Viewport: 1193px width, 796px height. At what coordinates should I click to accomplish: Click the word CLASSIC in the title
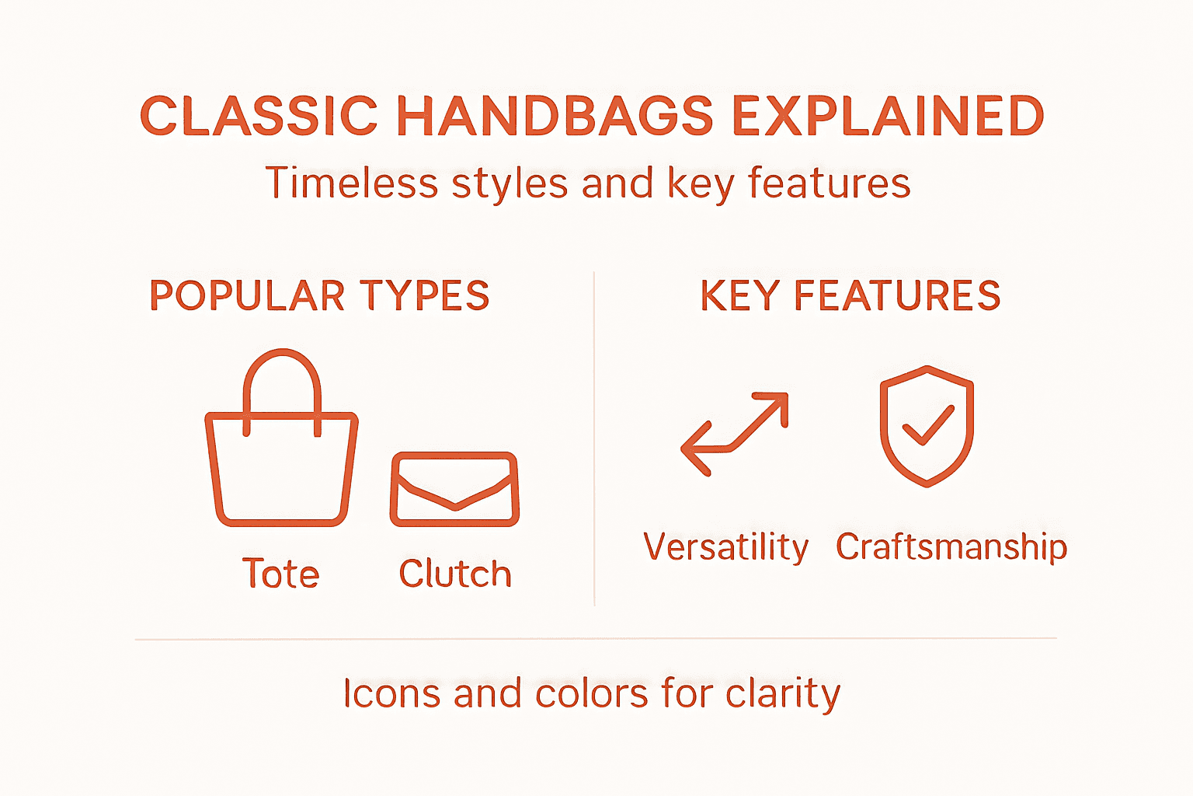pos(258,117)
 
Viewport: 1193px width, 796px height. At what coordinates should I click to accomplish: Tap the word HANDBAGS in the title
pos(555,117)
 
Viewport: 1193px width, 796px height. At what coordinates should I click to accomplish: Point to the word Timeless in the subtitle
pos(353,184)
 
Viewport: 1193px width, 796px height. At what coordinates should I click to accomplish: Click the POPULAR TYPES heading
pos(319,296)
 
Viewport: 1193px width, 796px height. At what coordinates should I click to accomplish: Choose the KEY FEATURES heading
pos(850,296)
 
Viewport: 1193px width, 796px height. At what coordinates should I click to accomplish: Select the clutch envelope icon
pos(454,490)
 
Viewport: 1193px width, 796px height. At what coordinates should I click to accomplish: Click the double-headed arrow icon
pos(735,433)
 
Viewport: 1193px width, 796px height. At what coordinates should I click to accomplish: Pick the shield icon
pos(927,426)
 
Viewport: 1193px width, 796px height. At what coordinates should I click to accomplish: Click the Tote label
pos(280,574)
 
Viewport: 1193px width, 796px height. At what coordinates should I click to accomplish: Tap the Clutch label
pos(455,574)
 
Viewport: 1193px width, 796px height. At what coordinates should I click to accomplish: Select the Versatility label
pos(726,547)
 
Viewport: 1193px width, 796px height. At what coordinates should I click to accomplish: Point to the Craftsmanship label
pos(951,547)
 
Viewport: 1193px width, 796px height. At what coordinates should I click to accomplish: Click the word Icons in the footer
pos(392,693)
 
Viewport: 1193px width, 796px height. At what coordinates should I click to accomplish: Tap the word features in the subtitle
pos(829,184)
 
